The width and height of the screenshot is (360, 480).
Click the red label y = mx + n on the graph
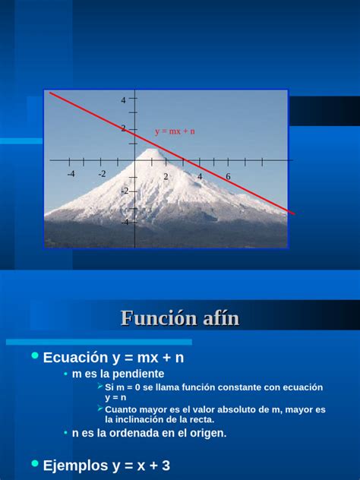click(175, 131)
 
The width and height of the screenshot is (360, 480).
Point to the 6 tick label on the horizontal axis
click(228, 176)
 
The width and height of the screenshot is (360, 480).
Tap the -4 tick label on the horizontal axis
click(71, 174)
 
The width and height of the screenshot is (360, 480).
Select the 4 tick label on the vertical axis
click(123, 100)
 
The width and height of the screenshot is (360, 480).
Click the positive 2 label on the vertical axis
click(123, 129)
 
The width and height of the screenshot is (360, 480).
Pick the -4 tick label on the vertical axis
click(125, 222)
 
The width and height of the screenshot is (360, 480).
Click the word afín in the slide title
click(219, 319)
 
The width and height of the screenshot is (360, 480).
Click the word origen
click(206, 433)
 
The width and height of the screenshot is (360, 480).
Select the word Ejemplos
click(76, 465)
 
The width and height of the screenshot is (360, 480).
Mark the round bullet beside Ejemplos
click(34, 463)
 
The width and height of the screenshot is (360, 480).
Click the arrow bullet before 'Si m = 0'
click(100, 387)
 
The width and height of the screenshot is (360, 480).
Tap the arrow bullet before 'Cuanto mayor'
click(100, 409)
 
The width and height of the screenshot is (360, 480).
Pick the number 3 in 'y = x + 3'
click(166, 465)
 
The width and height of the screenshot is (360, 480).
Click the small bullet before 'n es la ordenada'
click(66, 433)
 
